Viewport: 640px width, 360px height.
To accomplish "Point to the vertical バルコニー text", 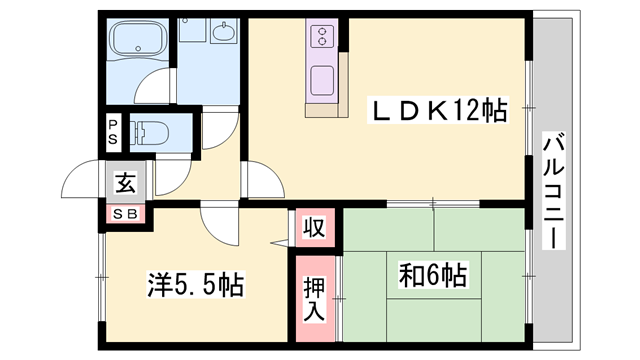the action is tap(552, 190).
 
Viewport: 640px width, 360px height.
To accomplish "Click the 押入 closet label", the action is tap(314, 299).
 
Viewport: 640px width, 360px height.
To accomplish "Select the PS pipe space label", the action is tap(114, 132).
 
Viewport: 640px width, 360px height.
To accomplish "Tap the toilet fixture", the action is tap(150, 132).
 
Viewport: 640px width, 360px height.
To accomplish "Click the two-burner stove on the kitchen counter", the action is tap(324, 38).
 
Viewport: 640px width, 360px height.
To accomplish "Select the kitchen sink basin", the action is tap(324, 78).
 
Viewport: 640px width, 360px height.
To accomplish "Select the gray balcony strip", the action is tap(552, 120).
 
